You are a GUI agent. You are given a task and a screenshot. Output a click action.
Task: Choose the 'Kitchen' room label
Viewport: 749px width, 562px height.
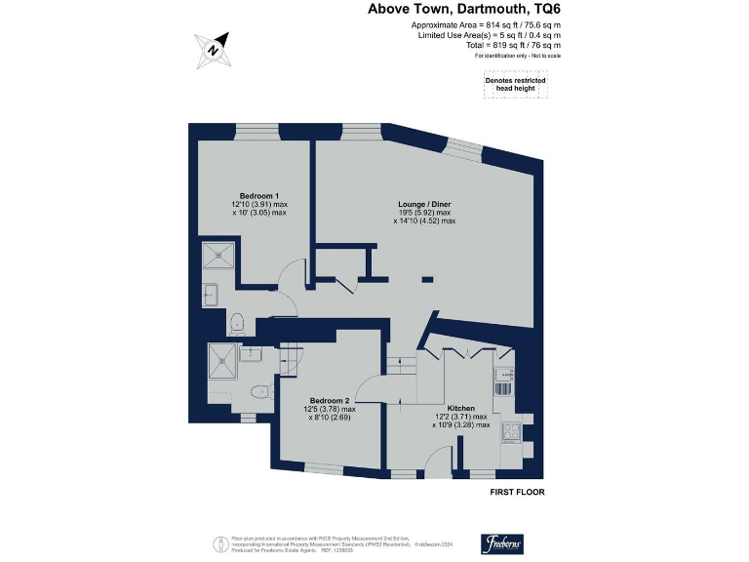pyautogui.click(x=460, y=408)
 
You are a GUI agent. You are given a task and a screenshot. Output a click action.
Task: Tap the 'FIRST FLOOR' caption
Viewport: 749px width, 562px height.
pyautogui.click(x=516, y=493)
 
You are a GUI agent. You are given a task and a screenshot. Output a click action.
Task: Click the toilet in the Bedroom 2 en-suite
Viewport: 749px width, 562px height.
pyautogui.click(x=258, y=392)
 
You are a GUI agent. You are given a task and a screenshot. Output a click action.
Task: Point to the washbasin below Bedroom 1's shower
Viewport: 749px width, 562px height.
pyautogui.click(x=210, y=291)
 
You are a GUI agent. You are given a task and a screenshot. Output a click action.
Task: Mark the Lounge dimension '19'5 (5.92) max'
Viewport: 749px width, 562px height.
pyautogui.click(x=424, y=213)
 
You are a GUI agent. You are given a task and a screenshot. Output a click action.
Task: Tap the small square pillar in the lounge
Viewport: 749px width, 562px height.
pyautogui.click(x=424, y=280)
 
